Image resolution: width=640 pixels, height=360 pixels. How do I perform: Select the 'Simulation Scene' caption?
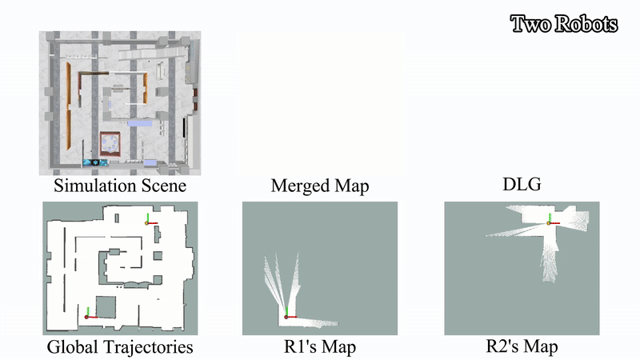click(x=120, y=186)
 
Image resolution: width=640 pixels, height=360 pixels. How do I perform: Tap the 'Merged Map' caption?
click(x=320, y=186)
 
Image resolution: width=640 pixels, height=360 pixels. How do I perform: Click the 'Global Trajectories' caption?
click(x=120, y=347)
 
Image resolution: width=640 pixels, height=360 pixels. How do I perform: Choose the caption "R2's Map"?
click(x=522, y=346)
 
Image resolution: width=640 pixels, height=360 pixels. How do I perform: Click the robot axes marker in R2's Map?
click(x=550, y=221)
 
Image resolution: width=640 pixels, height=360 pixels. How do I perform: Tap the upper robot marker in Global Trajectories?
click(x=147, y=222)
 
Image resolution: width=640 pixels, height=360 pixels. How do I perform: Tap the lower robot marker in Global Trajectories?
click(x=86, y=316)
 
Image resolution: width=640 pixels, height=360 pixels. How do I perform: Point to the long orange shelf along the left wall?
click(x=69, y=112)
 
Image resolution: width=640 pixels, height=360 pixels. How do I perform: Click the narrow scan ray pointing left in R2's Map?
click(x=504, y=232)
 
